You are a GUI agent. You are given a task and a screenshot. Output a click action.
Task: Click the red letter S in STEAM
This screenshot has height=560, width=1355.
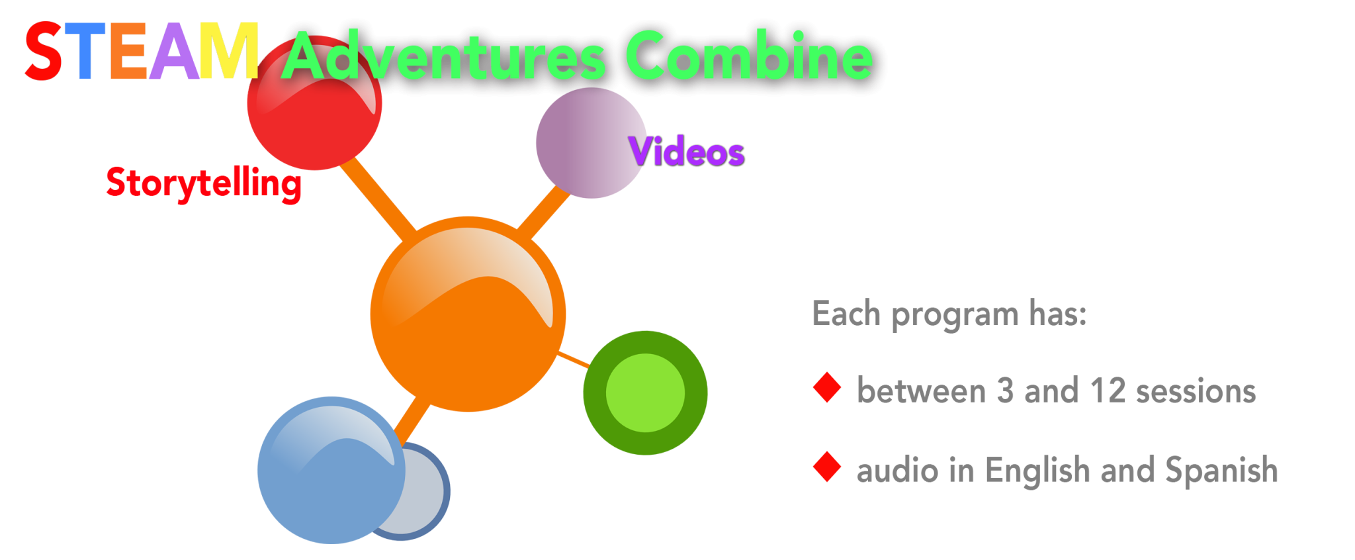tap(44, 52)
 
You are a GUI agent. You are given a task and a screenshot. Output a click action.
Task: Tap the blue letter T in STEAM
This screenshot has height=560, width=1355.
tap(86, 52)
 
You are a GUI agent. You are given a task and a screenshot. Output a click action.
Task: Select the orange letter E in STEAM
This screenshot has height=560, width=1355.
tap(128, 52)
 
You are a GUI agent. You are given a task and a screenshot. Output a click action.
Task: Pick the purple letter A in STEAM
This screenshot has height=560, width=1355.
tap(173, 52)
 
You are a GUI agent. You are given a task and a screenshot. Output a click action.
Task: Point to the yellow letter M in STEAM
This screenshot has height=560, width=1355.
tap(228, 52)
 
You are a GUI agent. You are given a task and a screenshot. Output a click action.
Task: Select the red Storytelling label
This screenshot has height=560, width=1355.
tap(203, 183)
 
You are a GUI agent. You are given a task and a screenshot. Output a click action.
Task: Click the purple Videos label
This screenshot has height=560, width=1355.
tap(687, 152)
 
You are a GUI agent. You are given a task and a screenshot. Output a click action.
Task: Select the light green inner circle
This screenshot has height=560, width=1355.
tap(645, 393)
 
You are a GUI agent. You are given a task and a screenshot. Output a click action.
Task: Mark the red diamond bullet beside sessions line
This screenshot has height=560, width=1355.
tap(827, 388)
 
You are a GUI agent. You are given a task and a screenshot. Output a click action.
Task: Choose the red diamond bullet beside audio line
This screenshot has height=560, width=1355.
tap(827, 467)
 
